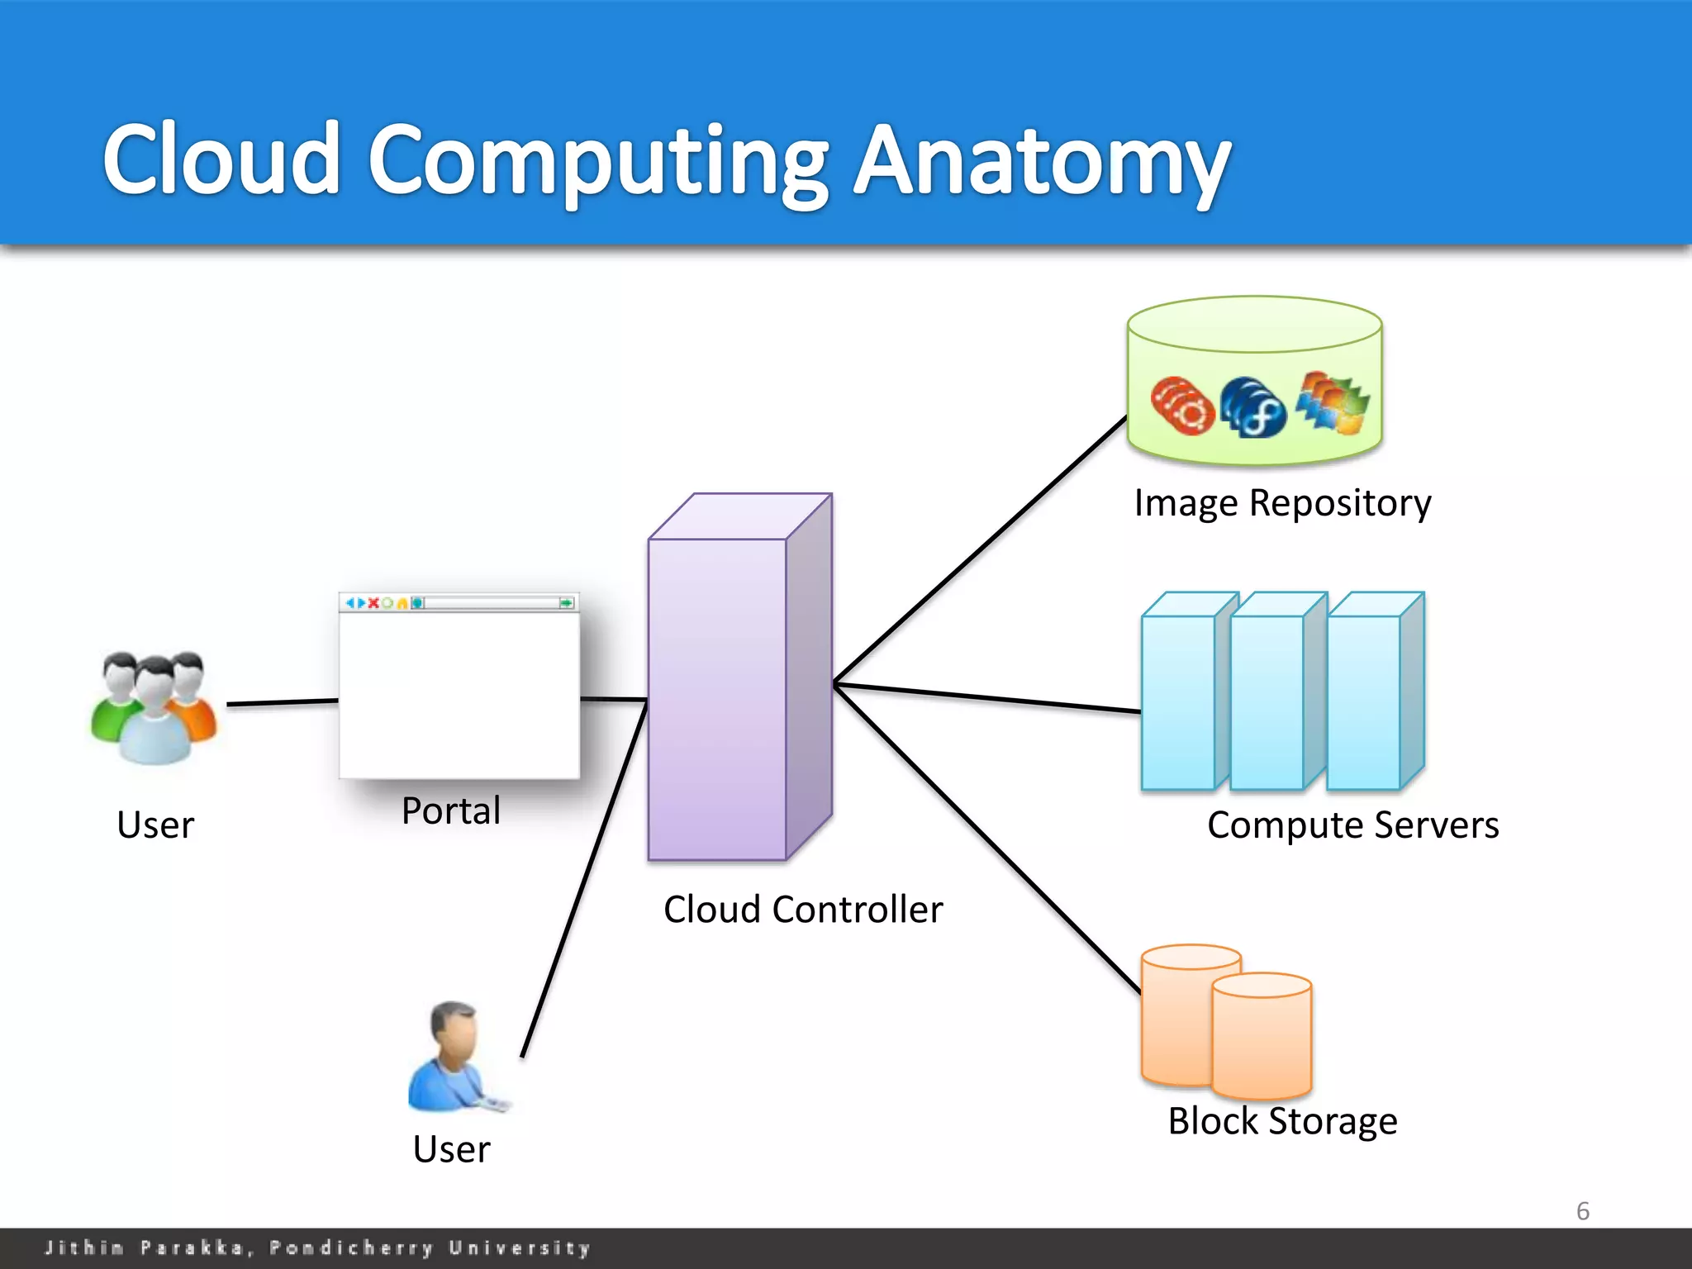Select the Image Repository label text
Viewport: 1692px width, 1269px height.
1282,503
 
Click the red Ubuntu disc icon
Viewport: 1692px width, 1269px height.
1182,406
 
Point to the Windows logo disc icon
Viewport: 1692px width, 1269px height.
1332,403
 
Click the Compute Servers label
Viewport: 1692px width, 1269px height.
1352,825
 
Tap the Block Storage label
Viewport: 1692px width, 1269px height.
1282,1121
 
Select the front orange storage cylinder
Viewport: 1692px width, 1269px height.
1262,1037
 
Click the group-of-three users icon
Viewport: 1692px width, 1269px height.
155,708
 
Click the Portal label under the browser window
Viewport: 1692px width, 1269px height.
451,811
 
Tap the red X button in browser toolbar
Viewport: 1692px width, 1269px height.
373,603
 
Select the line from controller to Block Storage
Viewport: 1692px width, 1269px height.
987,839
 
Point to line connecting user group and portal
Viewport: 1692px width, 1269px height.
283,702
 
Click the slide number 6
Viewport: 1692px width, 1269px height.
1582,1211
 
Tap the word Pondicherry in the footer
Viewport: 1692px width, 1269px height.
351,1248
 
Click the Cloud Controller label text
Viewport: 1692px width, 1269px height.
803,910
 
